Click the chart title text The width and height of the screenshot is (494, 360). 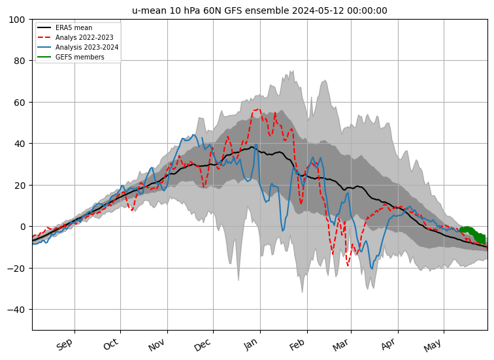point(259,10)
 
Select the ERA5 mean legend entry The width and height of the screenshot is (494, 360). point(73,28)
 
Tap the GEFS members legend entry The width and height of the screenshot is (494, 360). point(79,57)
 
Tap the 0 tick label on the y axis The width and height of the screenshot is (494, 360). point(24,227)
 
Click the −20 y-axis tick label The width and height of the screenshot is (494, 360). point(18,268)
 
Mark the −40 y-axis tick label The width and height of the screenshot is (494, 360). point(18,309)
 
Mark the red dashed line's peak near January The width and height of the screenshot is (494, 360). point(258,109)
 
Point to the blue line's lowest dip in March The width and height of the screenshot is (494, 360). point(372,269)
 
